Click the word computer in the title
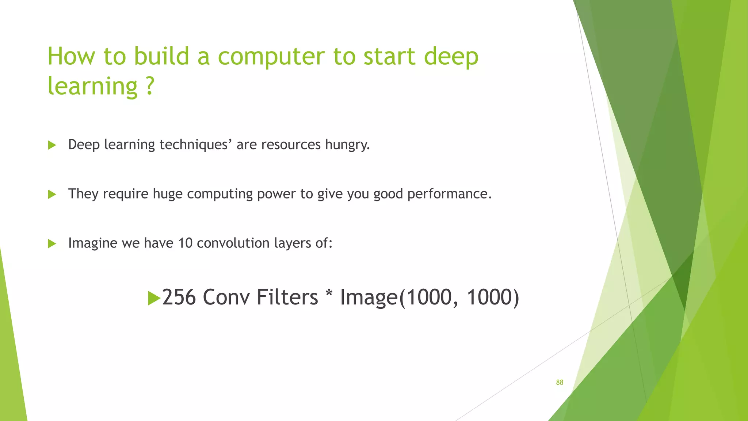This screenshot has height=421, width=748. point(271,57)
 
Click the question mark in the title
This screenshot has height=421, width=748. point(150,86)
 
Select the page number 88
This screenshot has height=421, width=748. point(560,382)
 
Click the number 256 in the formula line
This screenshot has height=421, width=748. point(179,297)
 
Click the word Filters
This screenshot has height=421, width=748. point(287,297)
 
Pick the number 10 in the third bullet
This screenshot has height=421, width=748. point(185,243)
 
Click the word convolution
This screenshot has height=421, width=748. point(233,243)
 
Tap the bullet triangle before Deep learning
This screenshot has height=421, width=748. point(52,145)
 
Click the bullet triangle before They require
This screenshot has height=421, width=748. point(52,194)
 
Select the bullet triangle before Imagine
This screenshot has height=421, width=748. point(52,243)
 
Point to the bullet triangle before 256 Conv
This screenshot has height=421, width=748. point(154,298)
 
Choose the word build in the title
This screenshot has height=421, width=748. point(161,57)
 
